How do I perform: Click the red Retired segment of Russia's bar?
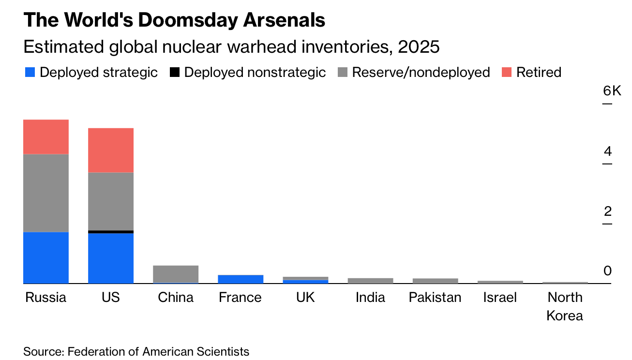point(46,136)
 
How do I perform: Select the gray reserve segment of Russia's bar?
point(46,193)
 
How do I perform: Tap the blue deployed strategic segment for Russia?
point(46,257)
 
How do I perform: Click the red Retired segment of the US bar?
point(111,150)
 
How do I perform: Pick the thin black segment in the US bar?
point(111,232)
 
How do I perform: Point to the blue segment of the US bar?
point(111,258)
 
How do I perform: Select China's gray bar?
point(176,274)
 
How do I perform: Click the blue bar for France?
point(241,279)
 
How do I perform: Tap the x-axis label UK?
point(305,297)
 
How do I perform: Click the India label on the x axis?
point(370,297)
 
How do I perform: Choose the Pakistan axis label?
point(435,297)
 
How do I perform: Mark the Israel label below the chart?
point(500,297)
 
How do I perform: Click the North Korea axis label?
point(565,306)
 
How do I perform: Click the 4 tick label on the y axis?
point(608,151)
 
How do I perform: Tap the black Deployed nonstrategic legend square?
point(175,73)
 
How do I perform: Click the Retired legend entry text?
point(539,73)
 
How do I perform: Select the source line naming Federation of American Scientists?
point(136,351)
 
